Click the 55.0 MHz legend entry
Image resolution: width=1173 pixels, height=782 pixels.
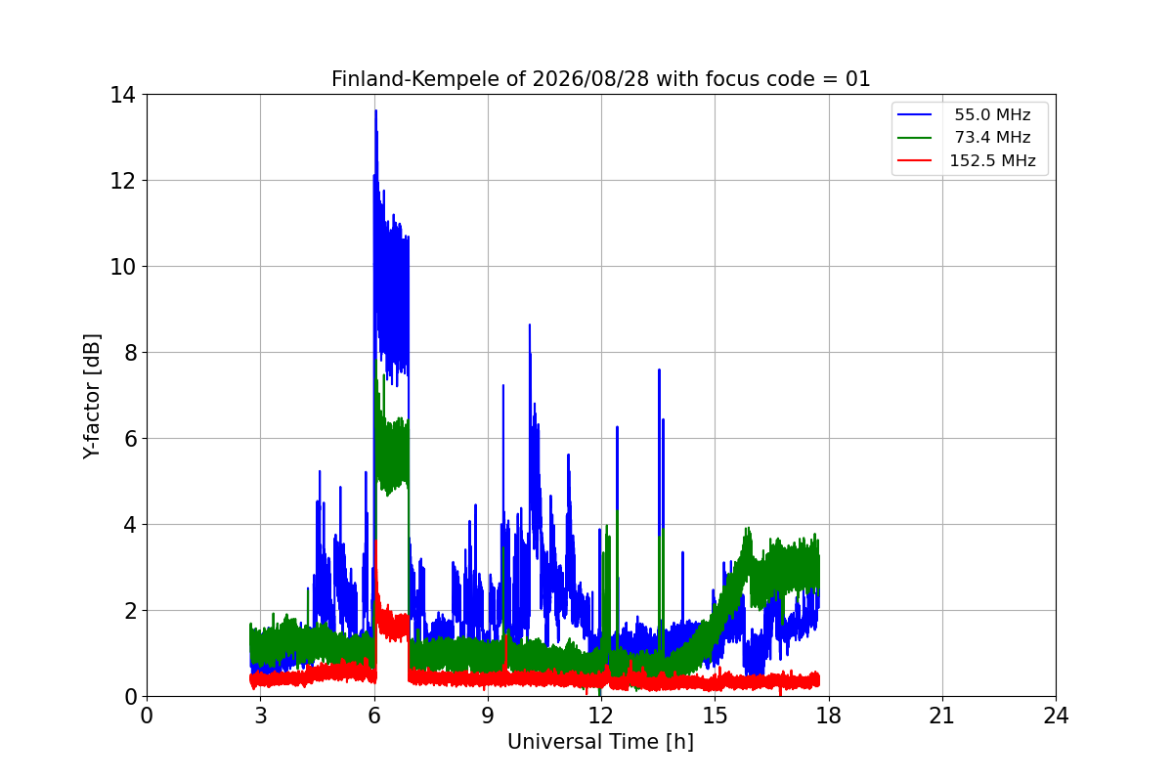992,114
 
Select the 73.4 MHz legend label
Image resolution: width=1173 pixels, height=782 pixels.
992,137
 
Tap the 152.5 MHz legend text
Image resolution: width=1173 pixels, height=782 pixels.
992,160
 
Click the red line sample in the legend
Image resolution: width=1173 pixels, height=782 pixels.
914,160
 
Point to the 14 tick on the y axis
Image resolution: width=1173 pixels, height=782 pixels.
122,95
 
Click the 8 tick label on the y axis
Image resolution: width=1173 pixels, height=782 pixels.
130,353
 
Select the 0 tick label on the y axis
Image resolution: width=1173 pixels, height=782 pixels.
130,697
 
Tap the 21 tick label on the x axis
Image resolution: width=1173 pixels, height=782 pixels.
942,716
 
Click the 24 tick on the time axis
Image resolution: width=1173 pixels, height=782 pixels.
1056,716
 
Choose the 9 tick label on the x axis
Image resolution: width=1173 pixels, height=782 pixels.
488,716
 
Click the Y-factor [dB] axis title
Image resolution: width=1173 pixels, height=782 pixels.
92,397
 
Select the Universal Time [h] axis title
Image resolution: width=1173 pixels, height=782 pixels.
600,742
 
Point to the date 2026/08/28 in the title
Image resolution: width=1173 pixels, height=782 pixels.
590,79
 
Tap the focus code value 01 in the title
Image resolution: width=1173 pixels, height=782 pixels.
858,79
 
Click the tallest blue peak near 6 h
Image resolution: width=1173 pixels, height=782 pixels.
376,110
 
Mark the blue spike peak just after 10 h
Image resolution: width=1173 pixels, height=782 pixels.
530,325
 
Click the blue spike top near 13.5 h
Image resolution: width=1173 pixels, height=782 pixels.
659,369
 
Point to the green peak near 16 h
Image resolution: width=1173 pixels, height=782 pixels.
748,529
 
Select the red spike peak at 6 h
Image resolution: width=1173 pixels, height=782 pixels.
376,542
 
